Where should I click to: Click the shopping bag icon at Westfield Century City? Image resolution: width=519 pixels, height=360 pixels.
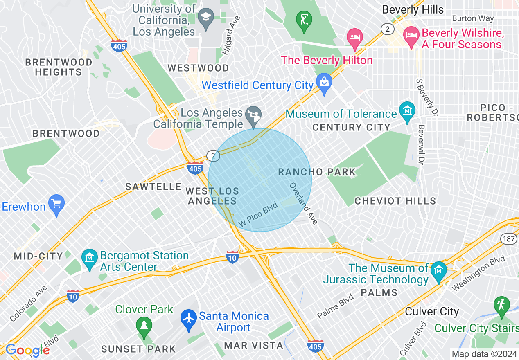pyautogui.click(x=324, y=83)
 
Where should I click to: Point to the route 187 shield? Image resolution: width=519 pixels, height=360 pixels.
pyautogui.click(x=510, y=239)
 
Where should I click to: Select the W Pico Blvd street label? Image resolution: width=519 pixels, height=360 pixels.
pyautogui.click(x=258, y=214)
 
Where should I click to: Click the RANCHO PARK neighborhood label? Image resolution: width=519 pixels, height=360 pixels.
pyautogui.click(x=317, y=172)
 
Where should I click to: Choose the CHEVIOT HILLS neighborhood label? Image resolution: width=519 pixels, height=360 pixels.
pyautogui.click(x=395, y=201)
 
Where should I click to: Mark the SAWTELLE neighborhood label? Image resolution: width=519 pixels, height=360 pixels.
pyautogui.click(x=153, y=187)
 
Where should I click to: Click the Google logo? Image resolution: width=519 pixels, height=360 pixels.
pyautogui.click(x=27, y=350)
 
